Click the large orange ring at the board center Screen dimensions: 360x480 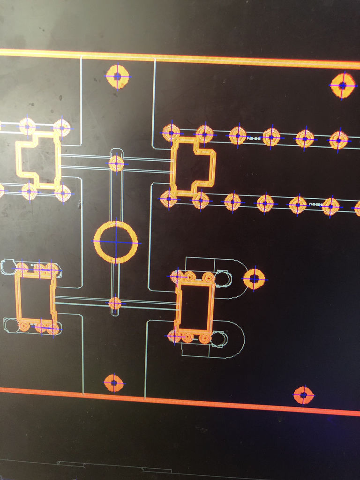[116, 242]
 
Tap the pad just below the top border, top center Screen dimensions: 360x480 [117, 76]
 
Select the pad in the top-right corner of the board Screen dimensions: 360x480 [343, 85]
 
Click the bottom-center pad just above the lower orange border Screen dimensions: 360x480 [113, 383]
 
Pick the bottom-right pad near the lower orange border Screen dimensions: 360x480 [303, 395]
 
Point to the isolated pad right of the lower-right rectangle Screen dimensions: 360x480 [254, 279]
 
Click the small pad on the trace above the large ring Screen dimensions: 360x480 [116, 164]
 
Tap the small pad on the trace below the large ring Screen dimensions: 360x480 [115, 303]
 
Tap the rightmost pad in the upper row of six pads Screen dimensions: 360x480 [338, 140]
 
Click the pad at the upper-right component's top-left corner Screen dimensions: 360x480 [171, 133]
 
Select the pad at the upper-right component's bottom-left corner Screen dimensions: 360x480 [169, 199]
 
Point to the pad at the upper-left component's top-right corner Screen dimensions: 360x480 [61, 127]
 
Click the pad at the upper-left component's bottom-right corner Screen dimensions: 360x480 [62, 193]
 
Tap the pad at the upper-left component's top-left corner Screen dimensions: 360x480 [27, 126]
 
